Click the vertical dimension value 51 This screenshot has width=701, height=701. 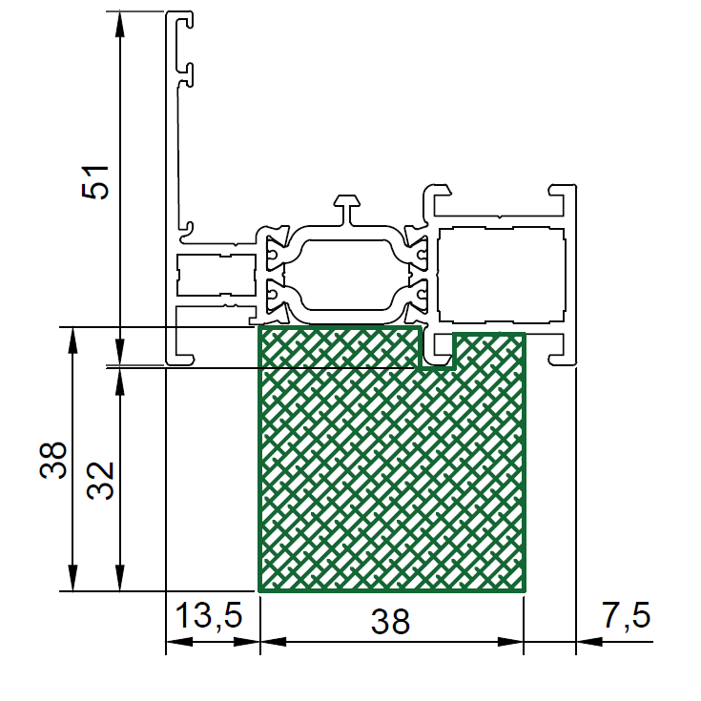coord(95,182)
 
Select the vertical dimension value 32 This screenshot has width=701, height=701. coord(100,481)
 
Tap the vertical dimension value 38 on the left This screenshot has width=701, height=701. coord(53,461)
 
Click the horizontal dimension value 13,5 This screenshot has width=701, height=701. coord(209,615)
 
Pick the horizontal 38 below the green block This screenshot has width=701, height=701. coord(390,622)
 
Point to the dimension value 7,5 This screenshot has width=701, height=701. coord(626,615)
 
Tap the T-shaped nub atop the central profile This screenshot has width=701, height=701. coord(347,209)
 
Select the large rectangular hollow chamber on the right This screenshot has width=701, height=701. coord(501,275)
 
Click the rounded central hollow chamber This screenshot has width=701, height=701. coord(347,275)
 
